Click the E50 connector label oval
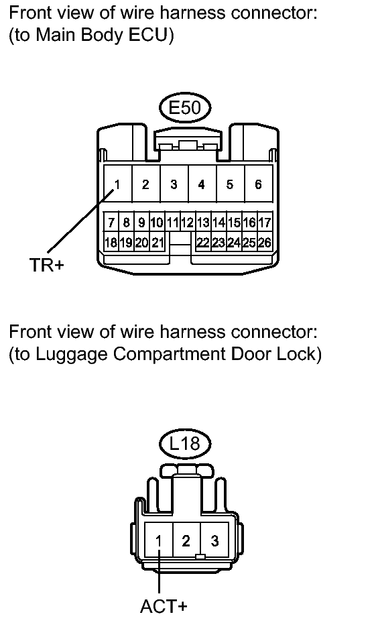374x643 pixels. (x=184, y=108)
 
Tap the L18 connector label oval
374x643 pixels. (x=184, y=443)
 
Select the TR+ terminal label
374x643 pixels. (x=47, y=265)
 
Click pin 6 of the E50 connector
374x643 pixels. (x=258, y=184)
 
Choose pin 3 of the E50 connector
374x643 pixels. (x=174, y=184)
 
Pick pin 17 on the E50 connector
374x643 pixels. (x=265, y=223)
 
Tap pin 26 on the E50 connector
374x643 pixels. (x=265, y=243)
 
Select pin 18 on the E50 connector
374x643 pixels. (x=111, y=243)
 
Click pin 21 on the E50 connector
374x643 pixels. (x=158, y=243)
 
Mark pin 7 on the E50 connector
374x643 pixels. (x=111, y=223)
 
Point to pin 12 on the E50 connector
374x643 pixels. (x=188, y=223)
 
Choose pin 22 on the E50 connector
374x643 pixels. (x=203, y=243)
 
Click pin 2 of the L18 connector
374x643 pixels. (x=186, y=540)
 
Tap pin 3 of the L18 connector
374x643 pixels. (x=214, y=540)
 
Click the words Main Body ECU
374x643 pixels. (x=102, y=36)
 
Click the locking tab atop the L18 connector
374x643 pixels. (x=186, y=470)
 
